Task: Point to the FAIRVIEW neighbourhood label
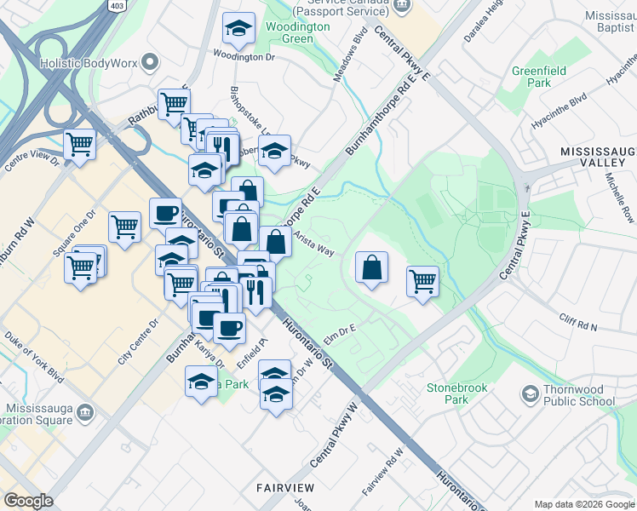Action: pos(286,488)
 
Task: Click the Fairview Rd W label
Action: pos(381,474)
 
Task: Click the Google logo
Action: pos(28,501)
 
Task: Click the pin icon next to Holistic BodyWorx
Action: pos(152,62)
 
